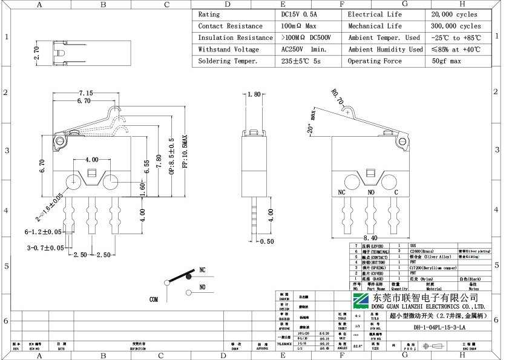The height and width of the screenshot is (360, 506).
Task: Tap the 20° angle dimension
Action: point(310,129)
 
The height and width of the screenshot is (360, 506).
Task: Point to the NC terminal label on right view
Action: point(342,192)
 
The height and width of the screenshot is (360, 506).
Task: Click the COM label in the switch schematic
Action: point(154,299)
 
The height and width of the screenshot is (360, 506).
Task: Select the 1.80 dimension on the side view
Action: point(254,94)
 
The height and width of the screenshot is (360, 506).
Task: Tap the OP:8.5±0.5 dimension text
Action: point(171,159)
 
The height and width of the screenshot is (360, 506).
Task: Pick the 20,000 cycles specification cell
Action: point(454,14)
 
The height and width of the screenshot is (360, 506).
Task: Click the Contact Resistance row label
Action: point(230,26)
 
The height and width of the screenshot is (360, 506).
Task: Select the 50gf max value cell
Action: point(446,61)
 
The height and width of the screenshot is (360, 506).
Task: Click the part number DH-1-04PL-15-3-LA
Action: point(439,328)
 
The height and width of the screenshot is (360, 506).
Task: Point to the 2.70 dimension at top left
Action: point(36,54)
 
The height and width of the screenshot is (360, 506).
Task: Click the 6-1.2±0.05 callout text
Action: point(43,232)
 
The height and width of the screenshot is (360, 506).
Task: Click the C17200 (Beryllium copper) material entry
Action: point(432,267)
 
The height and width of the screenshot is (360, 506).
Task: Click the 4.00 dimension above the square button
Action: point(92,160)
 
